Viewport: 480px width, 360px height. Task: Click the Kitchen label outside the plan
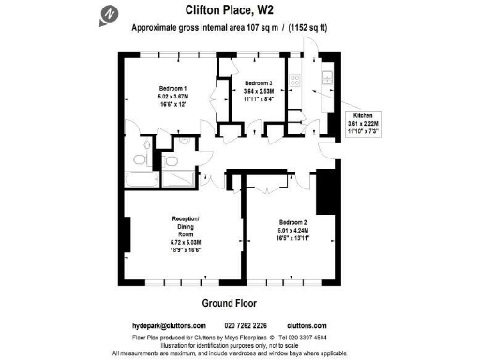click(362, 115)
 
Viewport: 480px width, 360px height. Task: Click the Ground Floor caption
click(230, 302)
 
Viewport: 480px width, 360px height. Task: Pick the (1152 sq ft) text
click(329, 28)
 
